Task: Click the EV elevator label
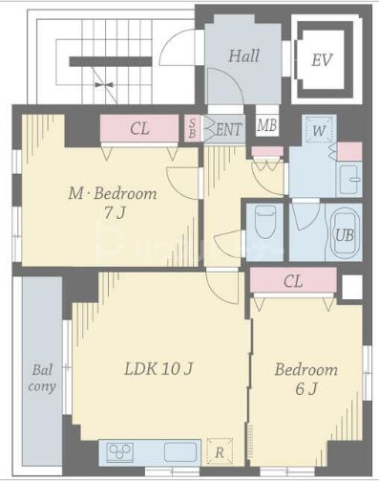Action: pyautogui.click(x=322, y=60)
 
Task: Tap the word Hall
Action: pyautogui.click(x=244, y=55)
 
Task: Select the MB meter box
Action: pyautogui.click(x=267, y=125)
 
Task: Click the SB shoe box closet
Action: pyautogui.click(x=192, y=128)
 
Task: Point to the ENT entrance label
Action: pyautogui.click(x=229, y=129)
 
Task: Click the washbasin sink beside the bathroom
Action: pyautogui.click(x=350, y=180)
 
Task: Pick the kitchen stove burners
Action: pyautogui.click(x=119, y=451)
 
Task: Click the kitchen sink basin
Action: pyautogui.click(x=180, y=452)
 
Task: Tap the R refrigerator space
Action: pyautogui.click(x=220, y=451)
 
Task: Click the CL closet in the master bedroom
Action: pyautogui.click(x=139, y=128)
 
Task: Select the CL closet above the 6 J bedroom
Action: pyautogui.click(x=293, y=280)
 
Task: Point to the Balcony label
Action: pyautogui.click(x=42, y=379)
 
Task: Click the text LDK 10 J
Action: pyautogui.click(x=158, y=369)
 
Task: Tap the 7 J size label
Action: pyautogui.click(x=115, y=213)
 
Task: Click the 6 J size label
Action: pyautogui.click(x=305, y=388)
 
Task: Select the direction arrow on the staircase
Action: pyautogui.click(x=104, y=85)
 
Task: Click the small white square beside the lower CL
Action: pyautogui.click(x=352, y=287)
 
